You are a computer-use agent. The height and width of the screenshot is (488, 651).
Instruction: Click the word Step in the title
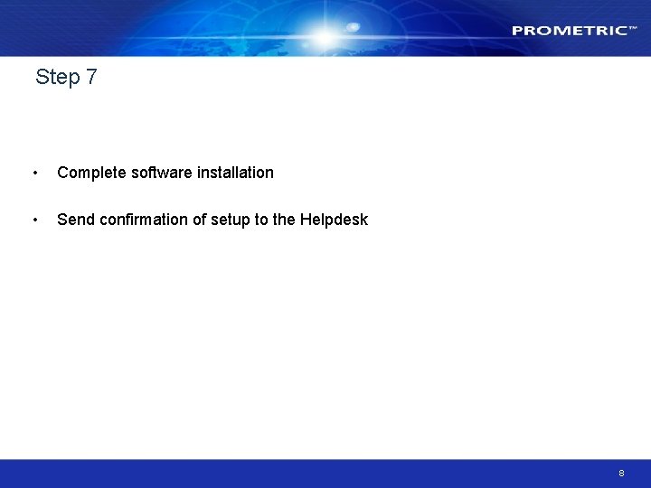(58, 78)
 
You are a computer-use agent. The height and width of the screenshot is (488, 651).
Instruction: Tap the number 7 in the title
(91, 78)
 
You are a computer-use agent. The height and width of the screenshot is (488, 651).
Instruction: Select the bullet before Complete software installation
(34, 173)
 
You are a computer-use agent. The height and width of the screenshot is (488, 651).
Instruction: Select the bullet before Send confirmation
(34, 220)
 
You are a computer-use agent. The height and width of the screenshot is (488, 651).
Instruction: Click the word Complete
(91, 173)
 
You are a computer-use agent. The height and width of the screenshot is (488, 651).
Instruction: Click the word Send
(74, 220)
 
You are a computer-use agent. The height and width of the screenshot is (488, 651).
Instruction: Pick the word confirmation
(142, 220)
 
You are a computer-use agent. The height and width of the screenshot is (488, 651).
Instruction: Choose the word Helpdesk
(334, 220)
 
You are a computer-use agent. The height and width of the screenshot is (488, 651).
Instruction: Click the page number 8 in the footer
(621, 474)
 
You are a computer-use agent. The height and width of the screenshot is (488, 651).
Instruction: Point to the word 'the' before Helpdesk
(283, 220)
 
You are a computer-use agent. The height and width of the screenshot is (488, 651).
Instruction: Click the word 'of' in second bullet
(200, 220)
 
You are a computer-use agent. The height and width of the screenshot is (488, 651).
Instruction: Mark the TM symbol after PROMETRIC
(633, 28)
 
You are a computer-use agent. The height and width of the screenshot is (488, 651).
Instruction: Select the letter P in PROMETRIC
(517, 31)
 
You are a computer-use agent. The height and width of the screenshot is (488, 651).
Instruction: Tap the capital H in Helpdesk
(305, 220)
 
